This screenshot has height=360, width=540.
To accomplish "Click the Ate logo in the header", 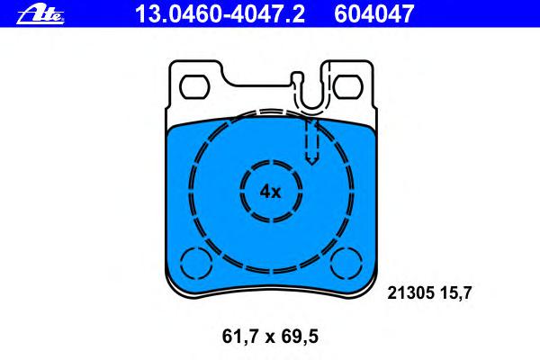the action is coord(40,14).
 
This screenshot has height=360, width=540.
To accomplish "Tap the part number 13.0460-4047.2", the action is coord(220,13).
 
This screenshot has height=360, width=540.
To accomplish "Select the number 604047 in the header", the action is coord(373,13).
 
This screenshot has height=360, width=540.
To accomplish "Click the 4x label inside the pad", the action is coord(270,192).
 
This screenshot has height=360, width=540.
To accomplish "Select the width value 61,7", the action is coord(240,337).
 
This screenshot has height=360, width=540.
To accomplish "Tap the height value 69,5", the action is coord(300,337).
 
